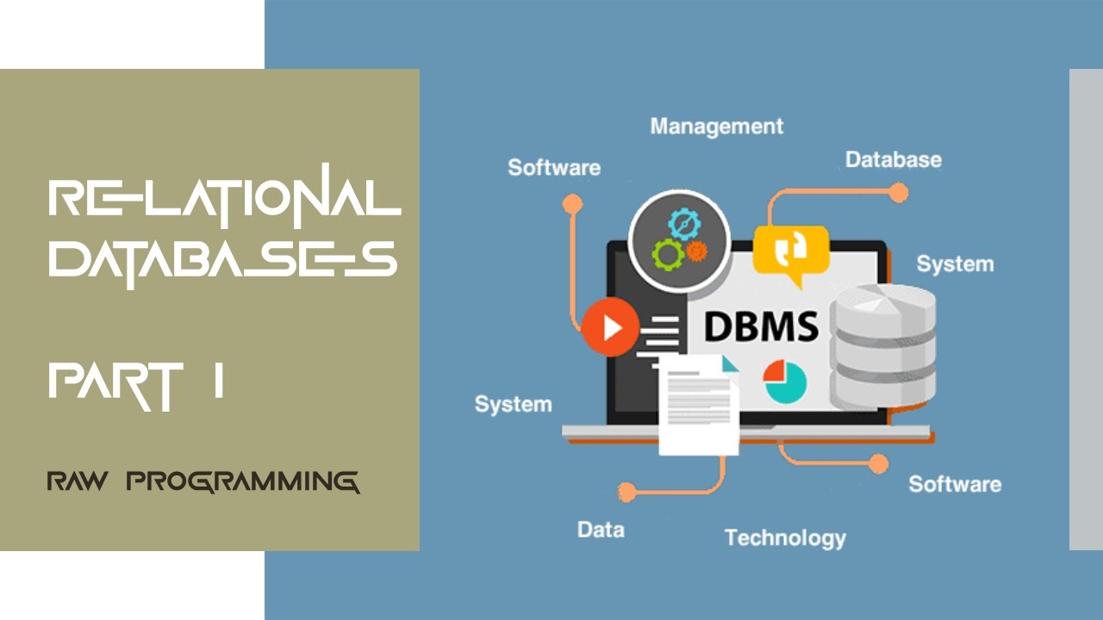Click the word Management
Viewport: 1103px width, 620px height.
pyautogui.click(x=716, y=127)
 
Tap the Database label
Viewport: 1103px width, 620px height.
pyautogui.click(x=894, y=160)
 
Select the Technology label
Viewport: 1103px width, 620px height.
pyautogui.click(x=785, y=538)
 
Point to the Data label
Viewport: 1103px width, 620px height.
pyautogui.click(x=601, y=530)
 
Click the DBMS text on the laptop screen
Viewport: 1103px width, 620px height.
pyautogui.click(x=761, y=326)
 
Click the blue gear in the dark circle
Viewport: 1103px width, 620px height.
pyautogui.click(x=684, y=225)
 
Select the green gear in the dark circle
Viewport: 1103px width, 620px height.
pyautogui.click(x=668, y=254)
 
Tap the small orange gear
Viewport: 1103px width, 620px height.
pyautogui.click(x=697, y=251)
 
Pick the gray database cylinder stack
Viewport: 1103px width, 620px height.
pyautogui.click(x=882, y=347)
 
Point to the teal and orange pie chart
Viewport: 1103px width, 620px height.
pyautogui.click(x=785, y=381)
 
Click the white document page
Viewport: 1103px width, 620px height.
pyautogui.click(x=699, y=405)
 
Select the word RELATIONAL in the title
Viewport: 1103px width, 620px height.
pyautogui.click(x=225, y=197)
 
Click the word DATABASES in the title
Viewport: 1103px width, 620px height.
pyautogui.click(x=222, y=262)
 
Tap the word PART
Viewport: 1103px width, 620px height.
pyautogui.click(x=115, y=387)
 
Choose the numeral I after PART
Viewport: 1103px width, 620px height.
pyautogui.click(x=219, y=380)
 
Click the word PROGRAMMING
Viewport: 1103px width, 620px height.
pyautogui.click(x=243, y=481)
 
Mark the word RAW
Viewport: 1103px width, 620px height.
pyautogui.click(x=78, y=480)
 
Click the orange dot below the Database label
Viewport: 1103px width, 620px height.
pyautogui.click(x=898, y=192)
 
